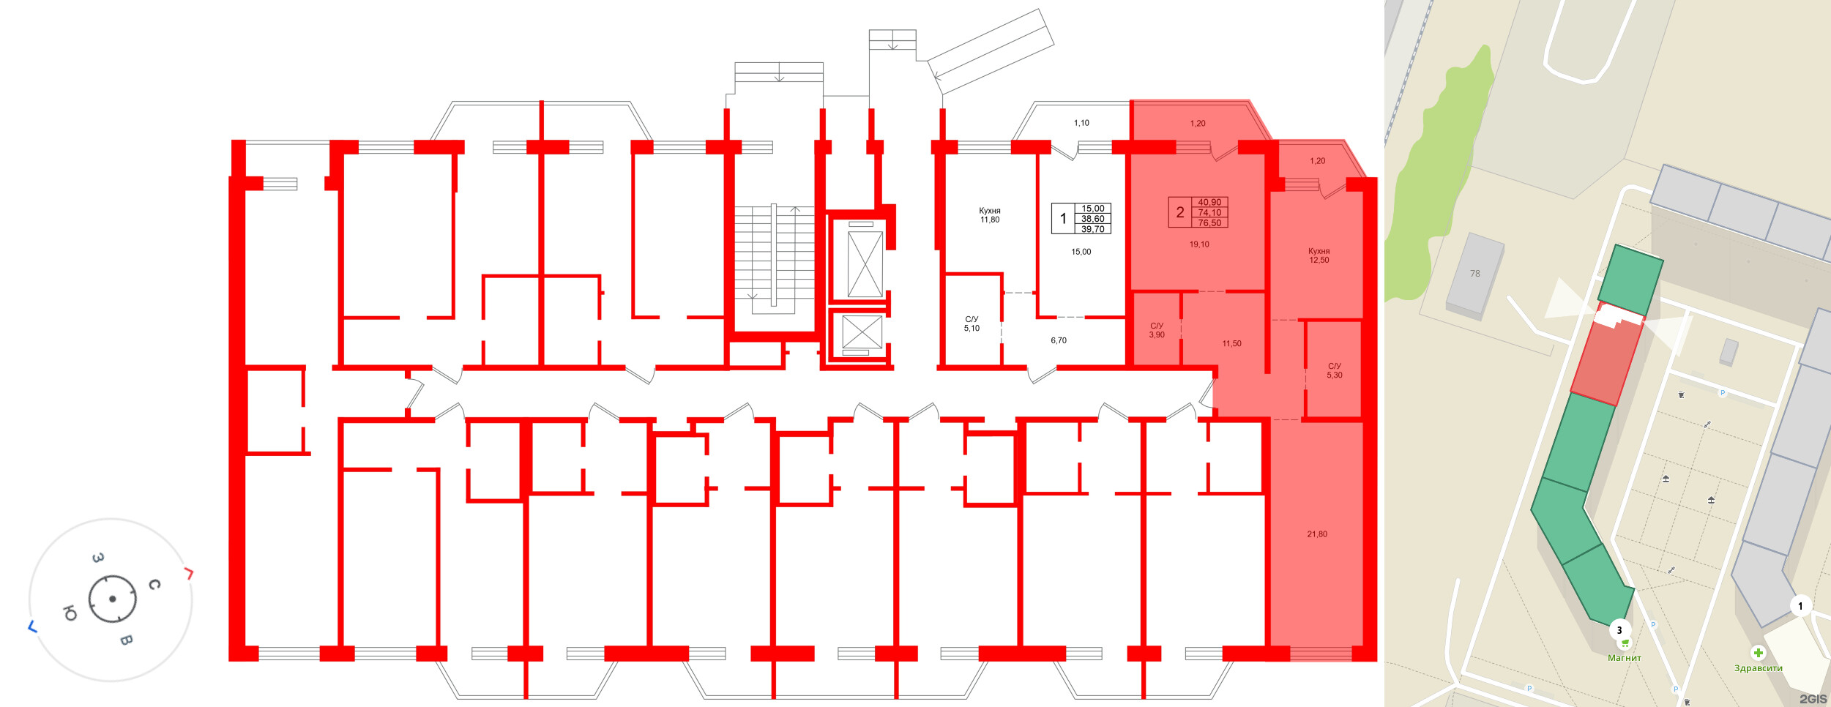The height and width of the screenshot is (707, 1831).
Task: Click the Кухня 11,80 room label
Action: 990,215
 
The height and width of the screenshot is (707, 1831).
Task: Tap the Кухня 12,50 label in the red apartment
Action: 1319,255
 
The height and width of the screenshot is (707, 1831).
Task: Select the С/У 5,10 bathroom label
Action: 972,323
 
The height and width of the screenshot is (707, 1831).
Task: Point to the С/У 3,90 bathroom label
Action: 1157,330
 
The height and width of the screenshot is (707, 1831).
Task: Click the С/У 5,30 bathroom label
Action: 1335,370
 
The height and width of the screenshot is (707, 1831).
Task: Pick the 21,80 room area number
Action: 1317,534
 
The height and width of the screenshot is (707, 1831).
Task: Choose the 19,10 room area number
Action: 1199,244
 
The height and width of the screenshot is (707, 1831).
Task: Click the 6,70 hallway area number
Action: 1059,340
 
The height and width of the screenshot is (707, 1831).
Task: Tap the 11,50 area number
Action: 1231,343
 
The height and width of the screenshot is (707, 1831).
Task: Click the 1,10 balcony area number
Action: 1081,123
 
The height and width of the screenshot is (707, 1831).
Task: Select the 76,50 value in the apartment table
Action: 1209,223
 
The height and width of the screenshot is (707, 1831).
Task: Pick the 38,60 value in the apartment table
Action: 1093,219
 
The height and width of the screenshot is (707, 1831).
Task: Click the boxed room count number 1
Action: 1063,219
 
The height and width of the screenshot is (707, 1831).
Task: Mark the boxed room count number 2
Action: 1180,212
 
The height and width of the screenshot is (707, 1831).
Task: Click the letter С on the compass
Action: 154,584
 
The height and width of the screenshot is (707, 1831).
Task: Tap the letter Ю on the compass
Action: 70,613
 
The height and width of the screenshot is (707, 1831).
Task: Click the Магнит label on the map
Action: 1625,658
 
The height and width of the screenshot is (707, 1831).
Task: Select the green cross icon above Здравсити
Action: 1758,653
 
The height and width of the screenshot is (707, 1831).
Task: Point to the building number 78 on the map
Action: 1475,274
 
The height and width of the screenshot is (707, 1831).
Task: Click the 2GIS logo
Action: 1813,699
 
